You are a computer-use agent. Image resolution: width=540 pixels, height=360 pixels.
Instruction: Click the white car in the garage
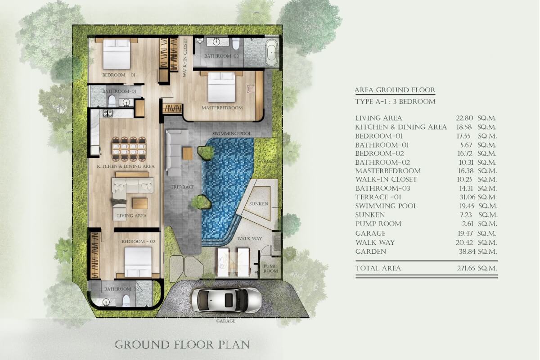(x=226, y=300)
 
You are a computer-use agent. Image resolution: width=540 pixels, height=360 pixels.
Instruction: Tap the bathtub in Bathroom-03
(x=272, y=52)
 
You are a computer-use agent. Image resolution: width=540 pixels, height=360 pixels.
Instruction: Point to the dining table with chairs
(x=129, y=149)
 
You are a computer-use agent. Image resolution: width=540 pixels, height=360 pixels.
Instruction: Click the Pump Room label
(x=270, y=269)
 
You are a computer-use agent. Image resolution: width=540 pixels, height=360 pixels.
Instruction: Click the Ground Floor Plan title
(x=182, y=345)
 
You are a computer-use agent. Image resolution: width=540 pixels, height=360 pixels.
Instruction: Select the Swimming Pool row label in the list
(x=386, y=206)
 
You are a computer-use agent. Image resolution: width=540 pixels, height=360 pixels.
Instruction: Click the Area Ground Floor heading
(x=395, y=90)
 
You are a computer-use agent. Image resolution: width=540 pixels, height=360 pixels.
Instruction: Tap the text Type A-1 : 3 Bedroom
(x=395, y=102)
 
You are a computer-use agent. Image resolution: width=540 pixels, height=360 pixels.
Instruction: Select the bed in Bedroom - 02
(x=138, y=262)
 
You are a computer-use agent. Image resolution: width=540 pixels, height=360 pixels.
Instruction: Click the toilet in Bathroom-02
(x=126, y=301)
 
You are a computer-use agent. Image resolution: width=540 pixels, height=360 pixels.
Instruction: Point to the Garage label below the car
(x=225, y=321)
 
